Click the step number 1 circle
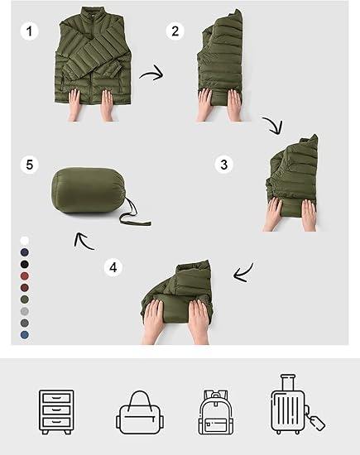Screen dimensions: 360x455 (29, 31)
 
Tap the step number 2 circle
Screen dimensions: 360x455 (175, 31)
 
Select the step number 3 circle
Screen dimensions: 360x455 (223, 165)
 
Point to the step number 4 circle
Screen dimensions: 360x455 (113, 267)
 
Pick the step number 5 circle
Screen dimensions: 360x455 (29, 165)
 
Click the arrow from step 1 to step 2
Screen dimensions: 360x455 (152, 74)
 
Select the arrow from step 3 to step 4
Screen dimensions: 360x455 (243, 274)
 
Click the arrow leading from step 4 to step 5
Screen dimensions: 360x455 (83, 241)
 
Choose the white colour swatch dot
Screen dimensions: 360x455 (25, 241)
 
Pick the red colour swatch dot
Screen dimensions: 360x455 (25, 276)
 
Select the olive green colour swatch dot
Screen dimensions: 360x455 (25, 299)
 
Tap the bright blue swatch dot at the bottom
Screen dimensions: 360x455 (25, 335)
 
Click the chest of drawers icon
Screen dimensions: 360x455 (56, 412)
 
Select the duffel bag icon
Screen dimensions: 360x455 (140, 412)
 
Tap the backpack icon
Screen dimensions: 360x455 (216, 412)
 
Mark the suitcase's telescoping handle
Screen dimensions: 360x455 (288, 382)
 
